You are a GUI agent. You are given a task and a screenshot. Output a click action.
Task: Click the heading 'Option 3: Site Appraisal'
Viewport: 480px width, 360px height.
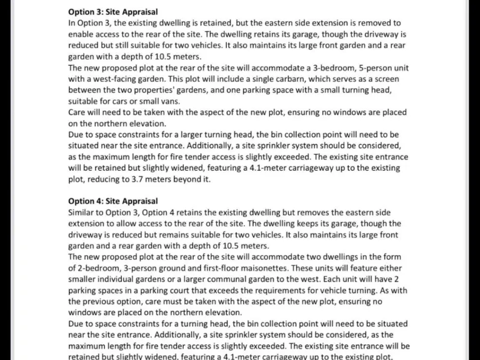tap(112, 11)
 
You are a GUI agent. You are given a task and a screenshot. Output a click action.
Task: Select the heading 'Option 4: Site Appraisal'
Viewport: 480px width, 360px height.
tap(112, 201)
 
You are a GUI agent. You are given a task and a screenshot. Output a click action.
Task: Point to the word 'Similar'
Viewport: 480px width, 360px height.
tap(82, 212)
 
